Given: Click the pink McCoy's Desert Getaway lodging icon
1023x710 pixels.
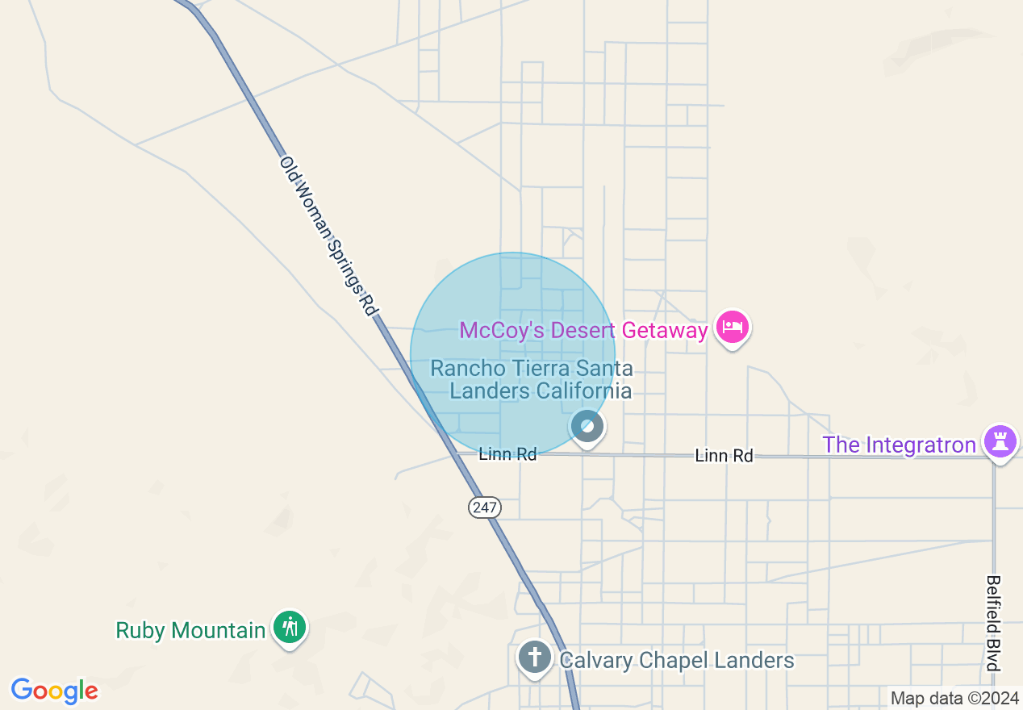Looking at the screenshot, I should (733, 328).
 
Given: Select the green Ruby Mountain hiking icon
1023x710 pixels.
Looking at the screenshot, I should (290, 628).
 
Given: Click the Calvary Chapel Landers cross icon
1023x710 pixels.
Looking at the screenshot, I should (534, 657).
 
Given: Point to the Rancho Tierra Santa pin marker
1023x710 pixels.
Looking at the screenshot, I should (587, 426).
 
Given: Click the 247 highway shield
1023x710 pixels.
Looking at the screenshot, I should (484, 507).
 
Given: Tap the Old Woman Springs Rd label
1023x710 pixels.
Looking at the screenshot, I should (328, 236).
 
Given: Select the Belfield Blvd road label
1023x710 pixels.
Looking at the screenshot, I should (993, 621).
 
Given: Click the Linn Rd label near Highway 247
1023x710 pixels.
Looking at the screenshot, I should (507, 454).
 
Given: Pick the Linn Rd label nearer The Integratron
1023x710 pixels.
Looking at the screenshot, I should (724, 456).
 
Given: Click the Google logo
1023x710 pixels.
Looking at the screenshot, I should (54, 691).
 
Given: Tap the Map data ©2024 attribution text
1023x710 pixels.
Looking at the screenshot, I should (954, 698).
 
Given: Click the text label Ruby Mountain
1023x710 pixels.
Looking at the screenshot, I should (190, 630).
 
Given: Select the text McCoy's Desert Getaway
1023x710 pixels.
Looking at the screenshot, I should (583, 330).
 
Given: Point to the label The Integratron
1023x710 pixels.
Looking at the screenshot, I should (899, 445).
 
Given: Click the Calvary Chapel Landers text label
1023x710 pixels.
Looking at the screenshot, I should (677, 661).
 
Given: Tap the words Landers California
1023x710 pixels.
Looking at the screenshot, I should (541, 391).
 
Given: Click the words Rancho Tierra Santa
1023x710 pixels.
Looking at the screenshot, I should (532, 369).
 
